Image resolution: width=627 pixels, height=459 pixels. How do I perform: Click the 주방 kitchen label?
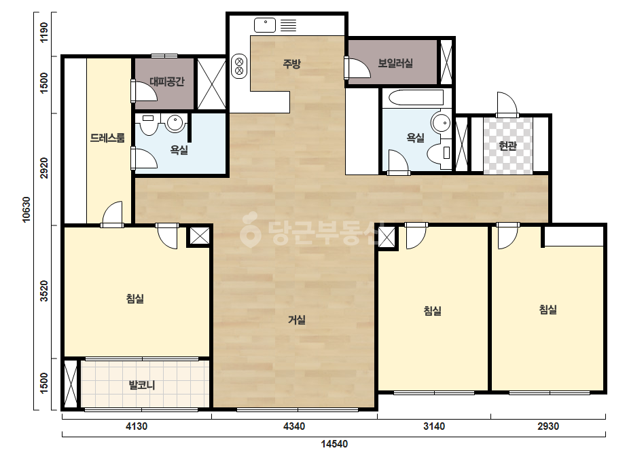(292, 64)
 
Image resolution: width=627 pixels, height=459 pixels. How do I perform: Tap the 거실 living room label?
(297, 320)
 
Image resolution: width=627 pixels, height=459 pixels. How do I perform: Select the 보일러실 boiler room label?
(395, 63)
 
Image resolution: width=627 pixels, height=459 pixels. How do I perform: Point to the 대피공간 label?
(167, 82)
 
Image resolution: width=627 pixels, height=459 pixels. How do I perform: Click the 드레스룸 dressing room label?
(107, 138)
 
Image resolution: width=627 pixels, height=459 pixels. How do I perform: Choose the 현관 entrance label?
(508, 146)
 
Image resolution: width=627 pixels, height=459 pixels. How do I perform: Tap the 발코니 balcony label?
(141, 386)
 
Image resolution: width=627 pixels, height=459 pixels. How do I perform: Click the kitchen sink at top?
(265, 25)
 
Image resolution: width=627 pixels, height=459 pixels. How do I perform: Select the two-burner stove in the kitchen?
(239, 67)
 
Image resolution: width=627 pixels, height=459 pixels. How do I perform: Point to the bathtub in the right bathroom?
(416, 98)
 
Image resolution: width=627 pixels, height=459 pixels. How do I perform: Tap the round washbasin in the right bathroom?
(441, 122)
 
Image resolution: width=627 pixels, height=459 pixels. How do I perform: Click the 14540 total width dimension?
(334, 444)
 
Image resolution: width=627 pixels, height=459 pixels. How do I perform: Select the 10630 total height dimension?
(26, 210)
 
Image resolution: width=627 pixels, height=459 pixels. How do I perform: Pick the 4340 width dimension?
(294, 426)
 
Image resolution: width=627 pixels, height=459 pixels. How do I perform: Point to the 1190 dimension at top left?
(44, 33)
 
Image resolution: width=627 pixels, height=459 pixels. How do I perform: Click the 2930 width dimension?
(548, 426)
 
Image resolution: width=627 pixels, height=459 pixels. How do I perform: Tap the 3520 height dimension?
(44, 291)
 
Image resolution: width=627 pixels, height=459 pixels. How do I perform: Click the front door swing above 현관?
(507, 104)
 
